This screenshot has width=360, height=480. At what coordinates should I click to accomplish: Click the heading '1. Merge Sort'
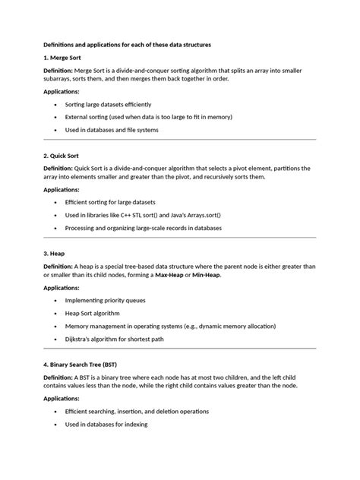click(x=64, y=57)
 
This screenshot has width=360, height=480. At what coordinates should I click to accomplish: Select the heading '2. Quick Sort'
click(x=64, y=156)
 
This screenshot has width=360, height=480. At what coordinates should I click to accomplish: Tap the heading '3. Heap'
click(x=56, y=253)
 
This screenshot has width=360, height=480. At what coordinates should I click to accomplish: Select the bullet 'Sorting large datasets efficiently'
click(x=109, y=103)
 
